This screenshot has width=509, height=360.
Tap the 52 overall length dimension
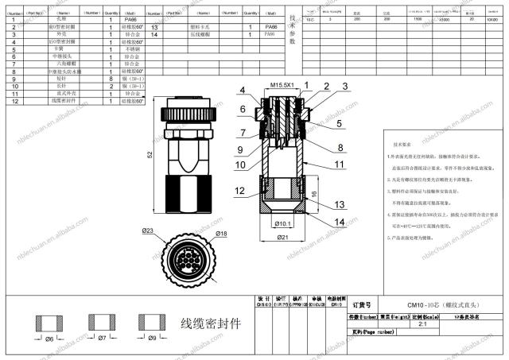tap(149, 153)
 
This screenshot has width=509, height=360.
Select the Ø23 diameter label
tap(149, 231)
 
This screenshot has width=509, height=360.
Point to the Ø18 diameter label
tap(221, 234)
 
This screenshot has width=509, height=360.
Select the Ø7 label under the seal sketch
tap(101, 339)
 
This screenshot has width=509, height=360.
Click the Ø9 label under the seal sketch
tap(151, 339)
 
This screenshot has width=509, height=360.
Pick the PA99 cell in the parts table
tap(271, 36)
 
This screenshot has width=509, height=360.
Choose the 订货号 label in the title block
tap(362, 304)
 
